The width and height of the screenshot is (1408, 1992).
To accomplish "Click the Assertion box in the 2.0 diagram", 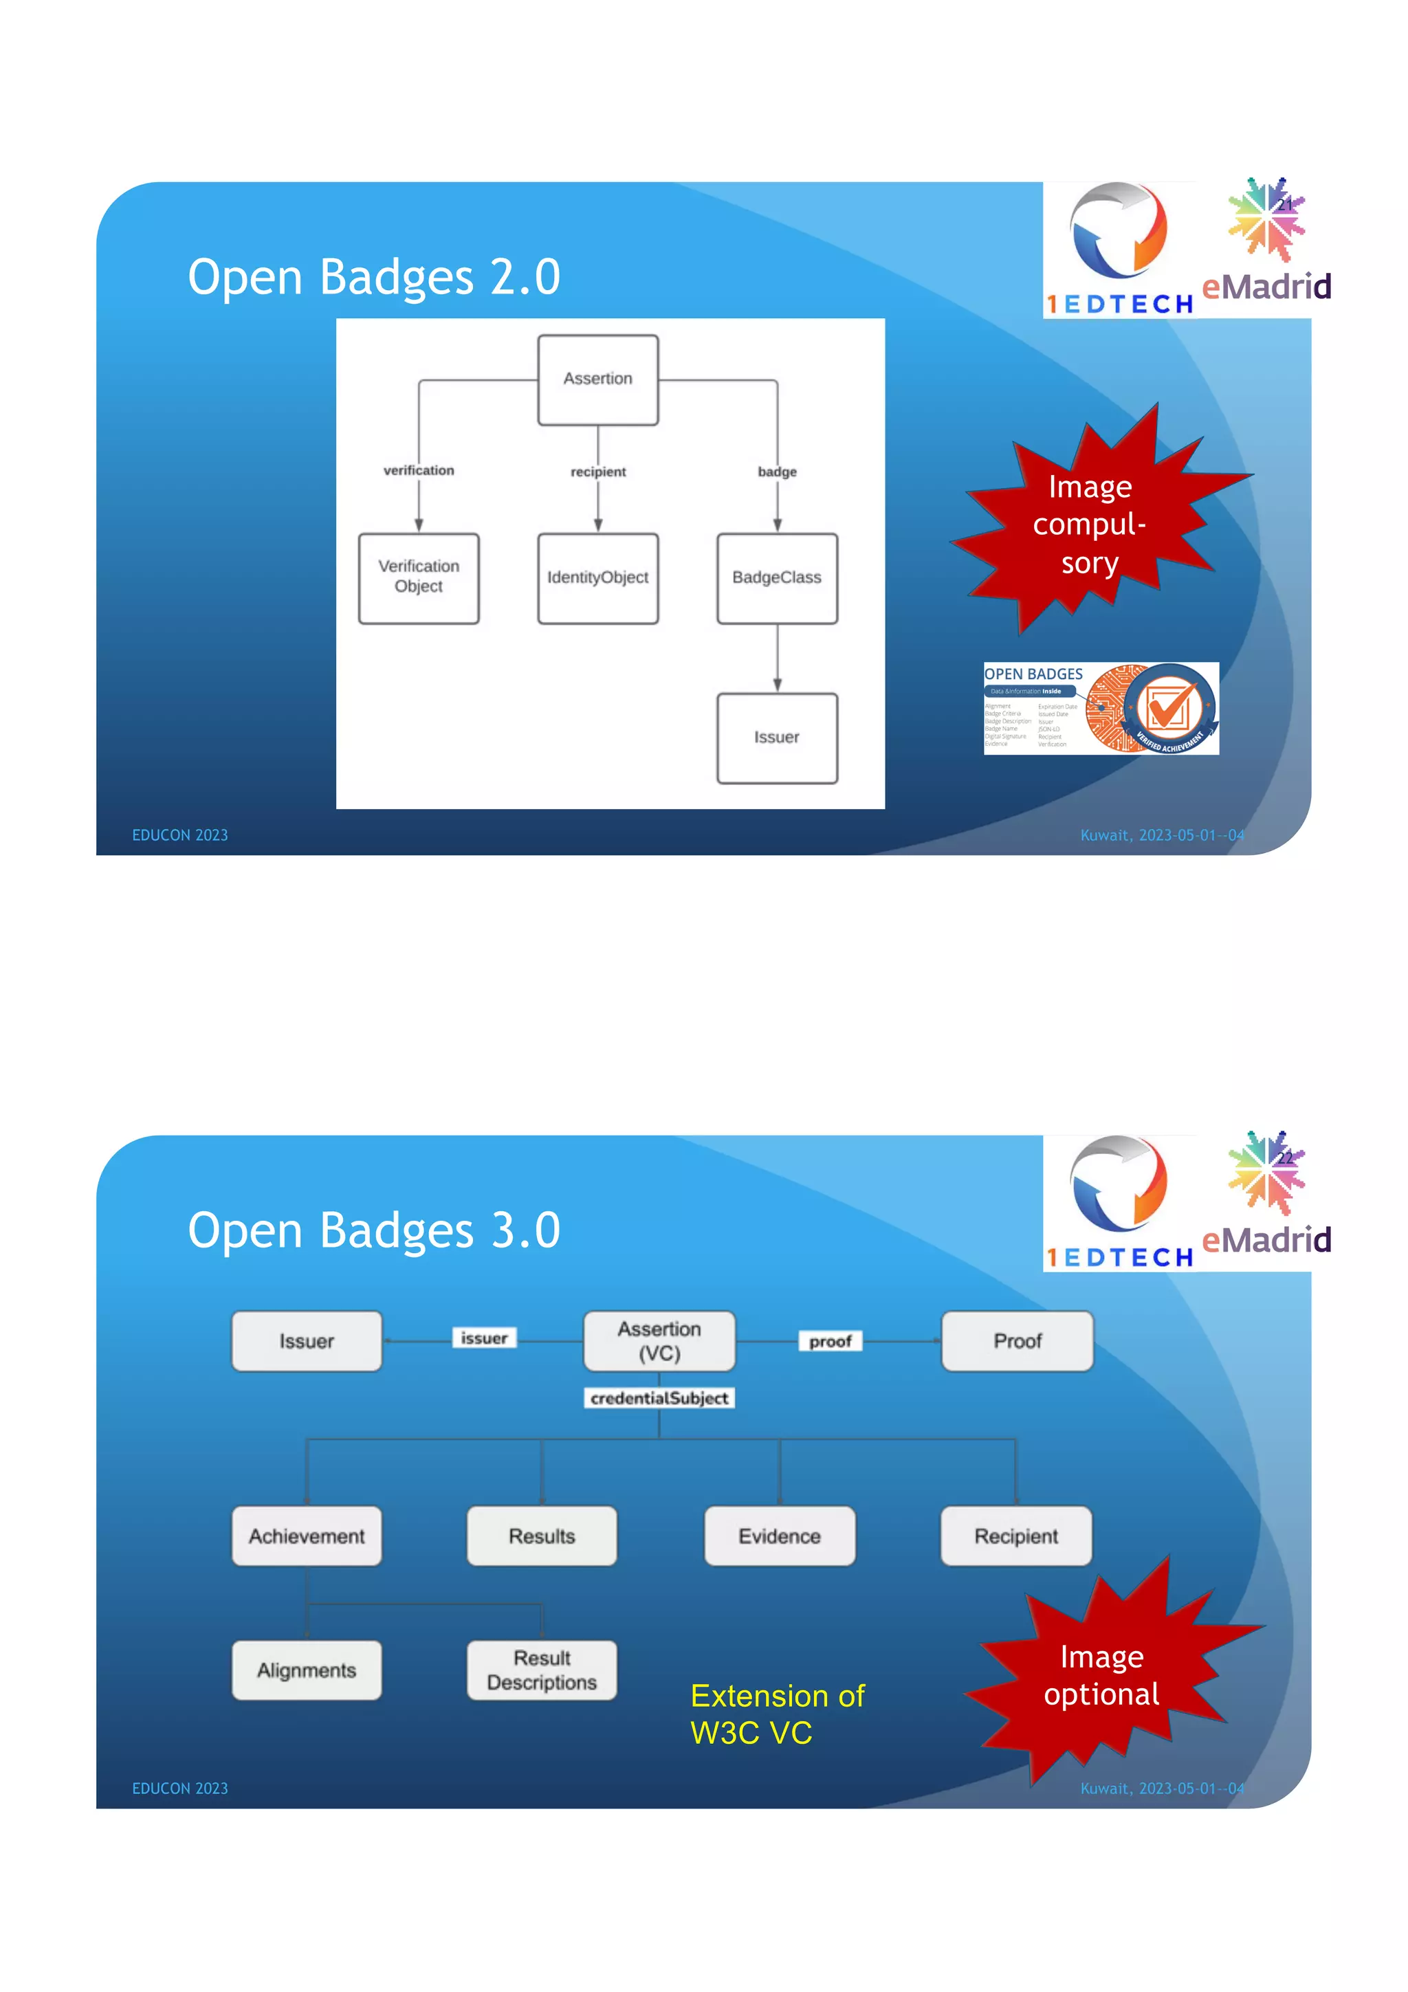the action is (597, 379).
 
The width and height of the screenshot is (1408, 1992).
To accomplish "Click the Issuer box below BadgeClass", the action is (776, 738).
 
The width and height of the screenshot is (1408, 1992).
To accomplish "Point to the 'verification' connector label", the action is (418, 470).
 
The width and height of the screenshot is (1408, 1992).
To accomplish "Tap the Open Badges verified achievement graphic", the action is (1100, 708).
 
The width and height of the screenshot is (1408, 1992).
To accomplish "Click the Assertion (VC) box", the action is (659, 1340).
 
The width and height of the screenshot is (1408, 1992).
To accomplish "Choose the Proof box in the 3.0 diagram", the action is (1017, 1340).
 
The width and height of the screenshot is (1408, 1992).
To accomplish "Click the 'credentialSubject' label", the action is (659, 1397).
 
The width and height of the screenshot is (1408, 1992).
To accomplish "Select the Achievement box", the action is (306, 1536).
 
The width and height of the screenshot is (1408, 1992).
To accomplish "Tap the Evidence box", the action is (779, 1536).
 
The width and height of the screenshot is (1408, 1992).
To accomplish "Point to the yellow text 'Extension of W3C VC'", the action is (776, 1714).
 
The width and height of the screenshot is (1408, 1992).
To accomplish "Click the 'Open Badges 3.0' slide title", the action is (374, 1230).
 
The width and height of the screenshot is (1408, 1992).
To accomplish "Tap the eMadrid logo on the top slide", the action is (1266, 243).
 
